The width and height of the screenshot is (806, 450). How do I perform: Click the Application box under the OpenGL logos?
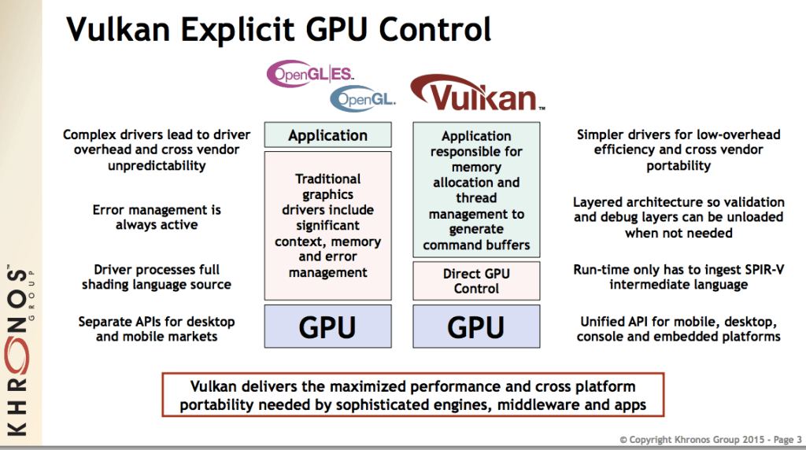pyautogui.click(x=327, y=135)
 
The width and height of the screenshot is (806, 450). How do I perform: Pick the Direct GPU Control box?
pyautogui.click(x=476, y=281)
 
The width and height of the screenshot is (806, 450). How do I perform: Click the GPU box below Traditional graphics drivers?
pyautogui.click(x=327, y=326)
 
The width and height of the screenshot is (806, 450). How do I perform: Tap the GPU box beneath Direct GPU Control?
pyautogui.click(x=476, y=326)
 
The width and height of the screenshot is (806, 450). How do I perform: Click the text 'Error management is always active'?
pyautogui.click(x=157, y=217)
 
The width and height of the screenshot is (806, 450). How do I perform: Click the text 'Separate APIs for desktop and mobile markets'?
pyautogui.click(x=157, y=329)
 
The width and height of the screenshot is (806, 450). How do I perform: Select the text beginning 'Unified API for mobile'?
pyautogui.click(x=678, y=329)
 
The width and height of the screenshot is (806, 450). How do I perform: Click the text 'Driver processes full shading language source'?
pyautogui.click(x=157, y=277)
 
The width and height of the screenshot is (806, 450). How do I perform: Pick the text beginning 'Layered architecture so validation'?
pyautogui.click(x=678, y=217)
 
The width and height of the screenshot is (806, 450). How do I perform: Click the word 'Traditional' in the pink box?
pyautogui.click(x=327, y=179)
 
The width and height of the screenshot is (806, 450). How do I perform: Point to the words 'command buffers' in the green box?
pyautogui.click(x=476, y=245)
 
